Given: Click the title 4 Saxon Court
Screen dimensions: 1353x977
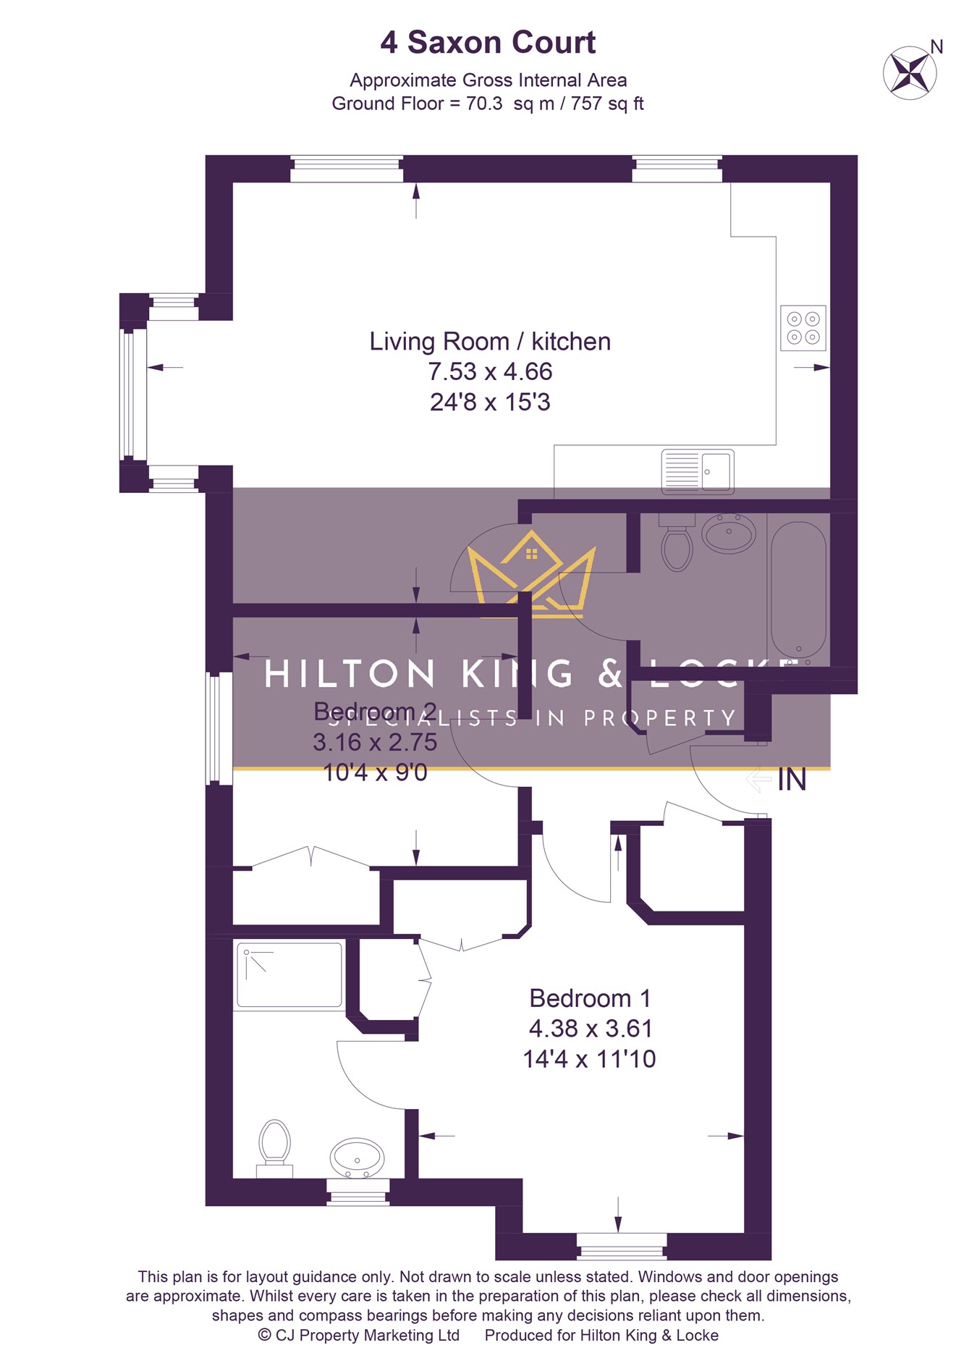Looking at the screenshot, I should [488, 43].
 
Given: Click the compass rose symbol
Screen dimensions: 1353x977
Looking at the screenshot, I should [910, 72].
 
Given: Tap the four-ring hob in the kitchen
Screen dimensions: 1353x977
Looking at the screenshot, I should [803, 327].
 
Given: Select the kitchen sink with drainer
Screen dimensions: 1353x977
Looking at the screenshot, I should [698, 471].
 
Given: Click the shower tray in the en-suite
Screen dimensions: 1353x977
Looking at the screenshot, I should [289, 974].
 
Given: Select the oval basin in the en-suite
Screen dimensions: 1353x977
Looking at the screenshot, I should [358, 1158].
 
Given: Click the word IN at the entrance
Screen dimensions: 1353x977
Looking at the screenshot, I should [792, 780].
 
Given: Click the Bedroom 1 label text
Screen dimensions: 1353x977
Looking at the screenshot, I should [590, 998].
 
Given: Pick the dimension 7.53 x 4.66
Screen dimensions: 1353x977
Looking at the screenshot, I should [490, 371].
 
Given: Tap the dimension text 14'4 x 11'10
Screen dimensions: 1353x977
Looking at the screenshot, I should [589, 1059].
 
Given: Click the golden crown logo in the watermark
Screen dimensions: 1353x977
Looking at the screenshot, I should [531, 572].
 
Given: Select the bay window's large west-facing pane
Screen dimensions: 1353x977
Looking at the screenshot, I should [129, 393].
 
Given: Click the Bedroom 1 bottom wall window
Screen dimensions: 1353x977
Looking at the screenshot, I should [622, 1247].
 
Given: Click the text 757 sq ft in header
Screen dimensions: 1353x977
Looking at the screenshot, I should [607, 104].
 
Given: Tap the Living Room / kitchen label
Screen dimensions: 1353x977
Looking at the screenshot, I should [490, 341].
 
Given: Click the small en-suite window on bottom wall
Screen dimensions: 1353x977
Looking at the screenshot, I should [358, 1192].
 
